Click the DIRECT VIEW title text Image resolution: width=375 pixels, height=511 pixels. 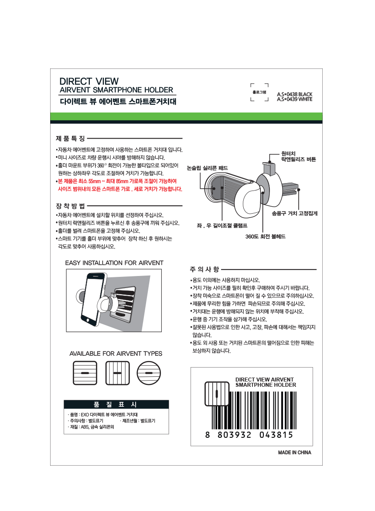[x=89, y=81]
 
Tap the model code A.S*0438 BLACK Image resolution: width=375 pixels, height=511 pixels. [x=294, y=94]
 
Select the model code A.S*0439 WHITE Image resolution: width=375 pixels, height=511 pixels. [x=294, y=99]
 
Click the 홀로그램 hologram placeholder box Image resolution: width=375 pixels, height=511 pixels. [x=259, y=92]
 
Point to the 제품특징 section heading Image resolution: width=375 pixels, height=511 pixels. [x=70, y=139]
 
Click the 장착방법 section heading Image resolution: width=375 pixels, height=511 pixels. [x=70, y=206]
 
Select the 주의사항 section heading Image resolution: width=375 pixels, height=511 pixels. [x=205, y=269]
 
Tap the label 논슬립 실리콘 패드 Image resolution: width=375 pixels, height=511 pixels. [x=207, y=168]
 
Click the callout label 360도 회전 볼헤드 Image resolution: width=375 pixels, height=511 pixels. [x=265, y=236]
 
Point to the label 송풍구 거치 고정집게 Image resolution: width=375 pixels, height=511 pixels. [x=294, y=213]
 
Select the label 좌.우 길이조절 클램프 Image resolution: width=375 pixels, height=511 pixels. [x=222, y=225]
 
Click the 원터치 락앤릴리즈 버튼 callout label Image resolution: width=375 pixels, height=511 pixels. [x=298, y=156]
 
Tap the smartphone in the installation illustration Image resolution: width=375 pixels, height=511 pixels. [x=93, y=299]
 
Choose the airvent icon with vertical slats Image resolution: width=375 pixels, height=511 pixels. [x=117, y=373]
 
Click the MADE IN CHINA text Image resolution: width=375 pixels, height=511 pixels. [x=294, y=452]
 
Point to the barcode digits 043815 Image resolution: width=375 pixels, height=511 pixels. [x=276, y=435]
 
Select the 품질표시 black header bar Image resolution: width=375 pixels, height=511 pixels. [x=116, y=405]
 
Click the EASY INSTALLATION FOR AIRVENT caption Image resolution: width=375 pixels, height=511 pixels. [x=114, y=262]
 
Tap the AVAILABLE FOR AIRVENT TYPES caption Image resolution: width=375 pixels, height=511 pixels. [x=116, y=354]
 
